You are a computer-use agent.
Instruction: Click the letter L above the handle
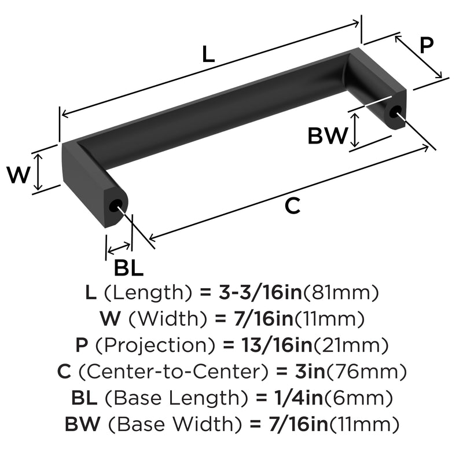coord(208,54)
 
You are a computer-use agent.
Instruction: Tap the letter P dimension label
coord(427,45)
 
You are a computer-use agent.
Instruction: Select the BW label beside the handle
coord(328,136)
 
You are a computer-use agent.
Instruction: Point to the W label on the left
coord(19,175)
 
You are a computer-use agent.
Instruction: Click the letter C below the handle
coord(293,206)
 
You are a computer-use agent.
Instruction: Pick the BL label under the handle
coord(128,268)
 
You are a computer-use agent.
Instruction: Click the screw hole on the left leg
coord(115,206)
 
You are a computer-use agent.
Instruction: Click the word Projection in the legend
coord(155,345)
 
